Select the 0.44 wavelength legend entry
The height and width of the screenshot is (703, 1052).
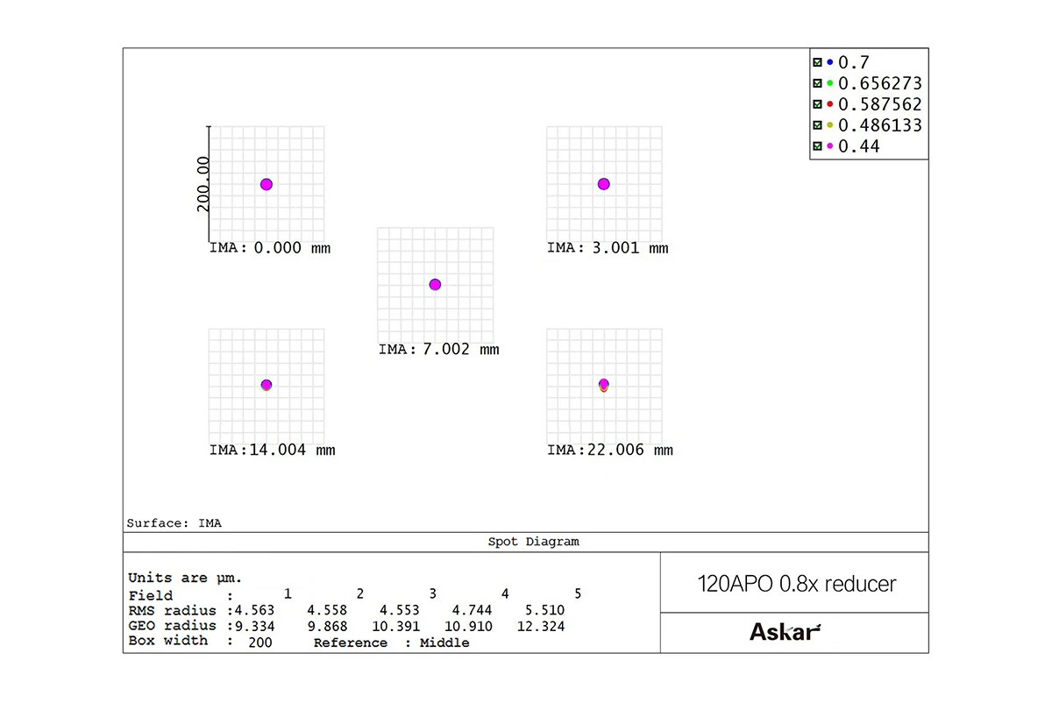[858, 146]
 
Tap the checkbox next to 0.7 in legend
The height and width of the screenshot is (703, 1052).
[817, 62]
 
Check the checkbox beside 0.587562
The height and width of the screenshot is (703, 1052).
[817, 104]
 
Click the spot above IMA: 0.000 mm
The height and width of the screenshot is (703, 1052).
[267, 184]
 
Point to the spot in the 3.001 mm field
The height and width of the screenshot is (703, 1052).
[603, 184]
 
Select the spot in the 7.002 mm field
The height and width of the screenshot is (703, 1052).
[435, 284]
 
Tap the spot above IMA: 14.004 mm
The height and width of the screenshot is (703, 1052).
[267, 385]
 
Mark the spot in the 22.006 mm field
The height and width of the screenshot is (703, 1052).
[603, 385]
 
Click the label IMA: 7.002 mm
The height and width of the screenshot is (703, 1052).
[438, 350]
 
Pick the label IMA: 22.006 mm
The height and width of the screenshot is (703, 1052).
[609, 451]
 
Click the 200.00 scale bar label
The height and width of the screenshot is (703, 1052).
[203, 184]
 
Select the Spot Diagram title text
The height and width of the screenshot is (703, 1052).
[533, 542]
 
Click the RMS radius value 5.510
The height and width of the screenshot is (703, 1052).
[545, 611]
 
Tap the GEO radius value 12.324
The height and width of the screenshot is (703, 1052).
[545, 627]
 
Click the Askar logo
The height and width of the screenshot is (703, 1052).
[785, 632]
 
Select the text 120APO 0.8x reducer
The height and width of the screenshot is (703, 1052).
[796, 584]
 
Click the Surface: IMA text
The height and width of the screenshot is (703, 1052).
[174, 523]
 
